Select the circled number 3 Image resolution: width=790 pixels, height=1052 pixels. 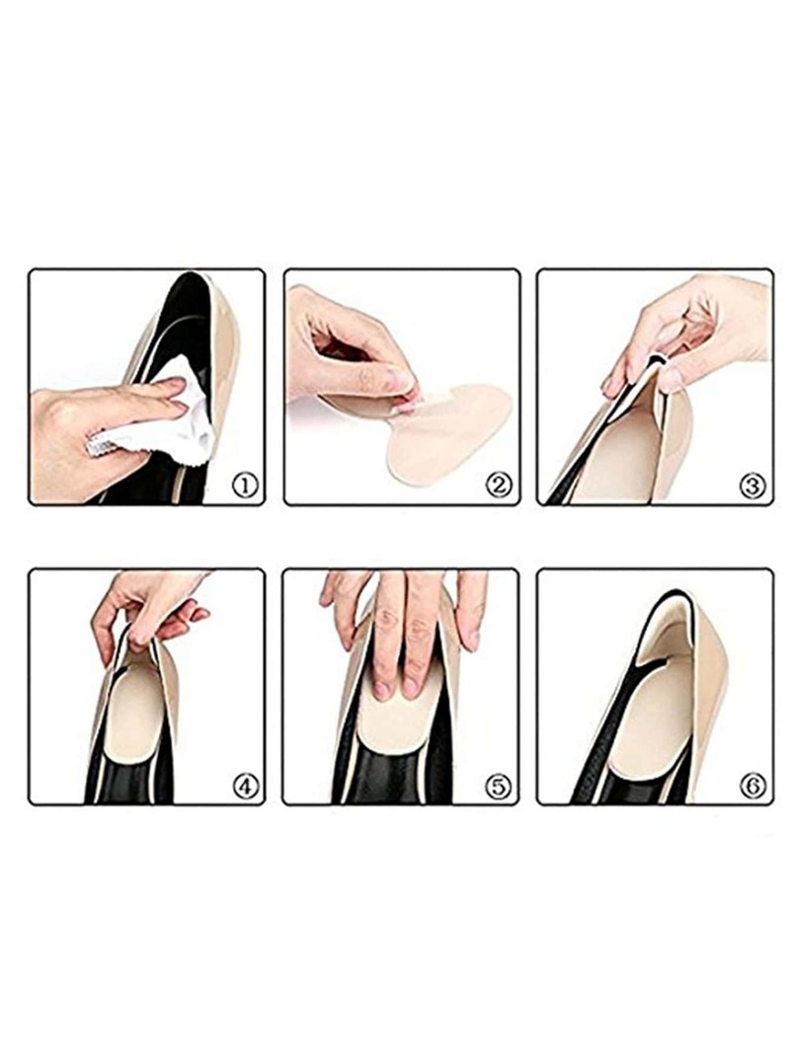pyautogui.click(x=751, y=485)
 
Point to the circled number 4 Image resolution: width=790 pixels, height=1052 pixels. pyautogui.click(x=245, y=785)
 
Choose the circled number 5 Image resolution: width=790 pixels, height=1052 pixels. pyautogui.click(x=498, y=785)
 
